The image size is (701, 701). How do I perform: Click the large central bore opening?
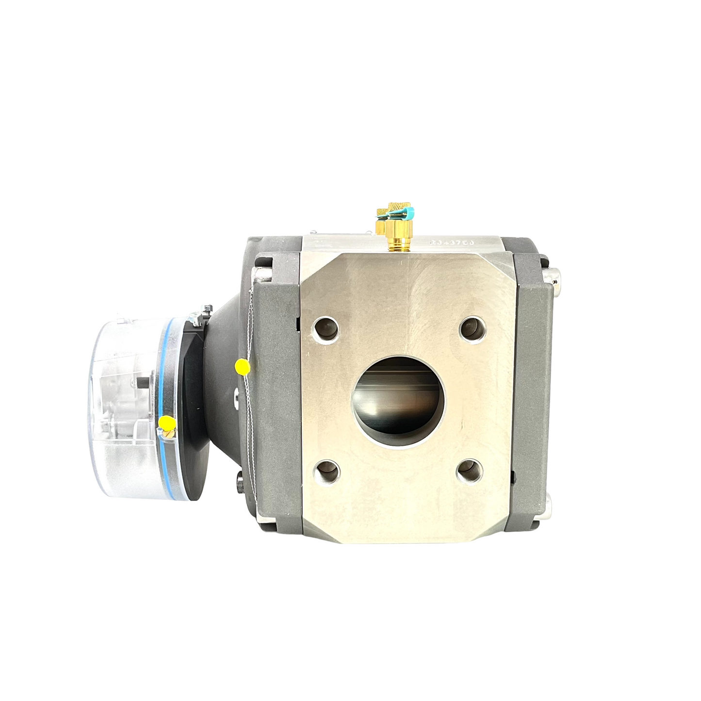click(x=399, y=397)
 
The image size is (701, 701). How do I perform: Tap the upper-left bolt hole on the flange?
click(x=326, y=328)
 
